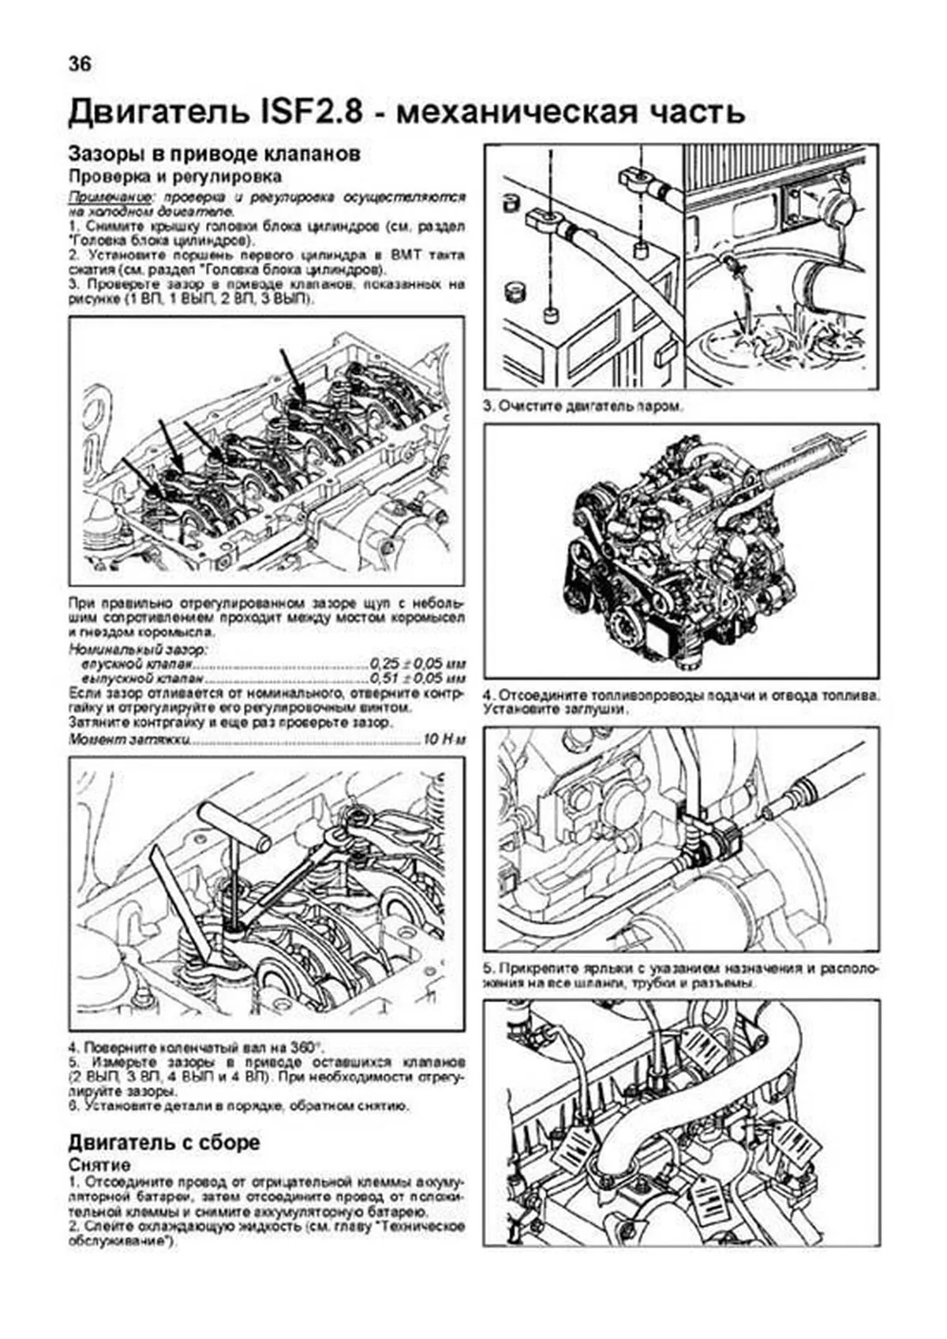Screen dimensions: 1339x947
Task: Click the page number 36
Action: point(80,64)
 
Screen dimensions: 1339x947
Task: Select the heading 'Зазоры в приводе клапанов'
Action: point(215,153)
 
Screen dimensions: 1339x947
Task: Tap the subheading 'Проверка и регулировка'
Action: point(174,176)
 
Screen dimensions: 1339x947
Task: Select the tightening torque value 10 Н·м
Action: point(444,740)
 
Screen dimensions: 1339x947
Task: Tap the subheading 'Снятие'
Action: point(99,1165)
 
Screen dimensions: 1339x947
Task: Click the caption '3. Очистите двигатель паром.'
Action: point(583,407)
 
